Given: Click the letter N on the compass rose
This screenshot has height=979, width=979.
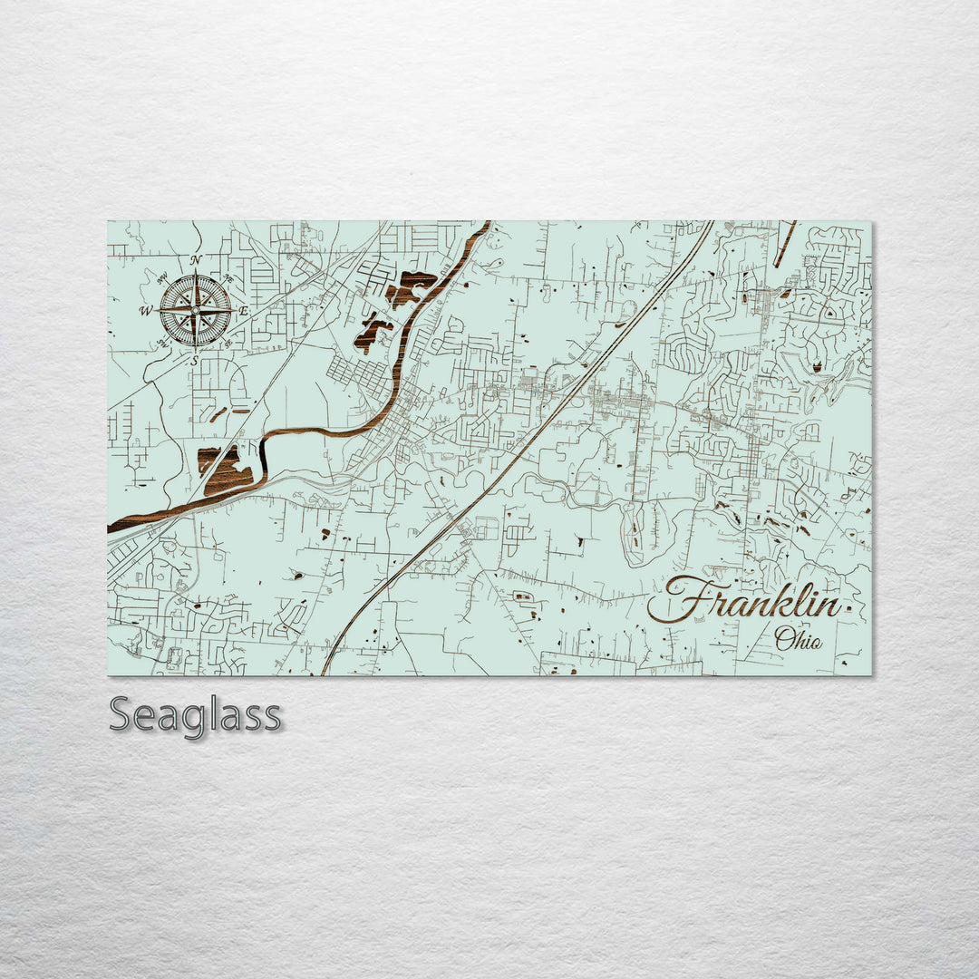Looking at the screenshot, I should pos(196,260).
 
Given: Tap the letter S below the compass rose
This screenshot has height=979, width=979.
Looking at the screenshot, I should pos(194,361).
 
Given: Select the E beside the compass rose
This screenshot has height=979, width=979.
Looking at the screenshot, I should pos(243,311).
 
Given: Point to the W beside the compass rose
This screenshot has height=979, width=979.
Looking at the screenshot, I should pos(145,312).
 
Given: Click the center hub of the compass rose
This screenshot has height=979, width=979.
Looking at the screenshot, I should pos(195,311).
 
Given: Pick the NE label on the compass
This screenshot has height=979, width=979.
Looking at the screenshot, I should pos(228,279).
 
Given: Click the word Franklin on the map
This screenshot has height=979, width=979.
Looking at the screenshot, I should pos(752,602).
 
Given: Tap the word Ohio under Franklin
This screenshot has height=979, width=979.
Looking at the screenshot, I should pos(799,639).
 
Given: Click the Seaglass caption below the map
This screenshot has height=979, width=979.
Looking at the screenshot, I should pos(195,715).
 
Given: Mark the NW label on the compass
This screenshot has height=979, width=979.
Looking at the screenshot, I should pos(163,278).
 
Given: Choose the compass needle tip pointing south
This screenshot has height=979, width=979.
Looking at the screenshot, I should pos(195,351).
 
